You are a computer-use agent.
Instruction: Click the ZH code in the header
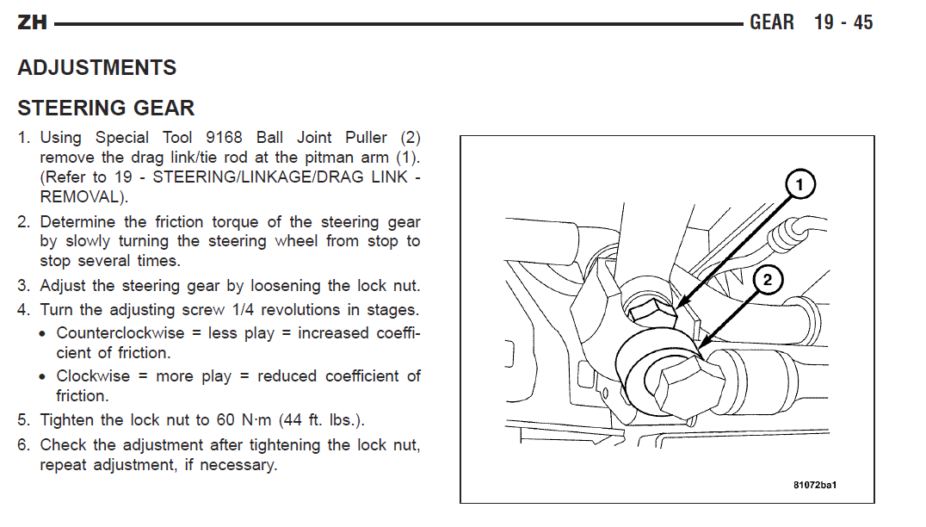pos(32,22)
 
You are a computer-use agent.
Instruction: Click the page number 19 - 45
pos(843,22)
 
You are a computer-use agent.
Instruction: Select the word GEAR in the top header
pos(772,22)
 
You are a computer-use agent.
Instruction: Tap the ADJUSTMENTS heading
pos(97,67)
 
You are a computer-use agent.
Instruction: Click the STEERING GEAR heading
pos(106,108)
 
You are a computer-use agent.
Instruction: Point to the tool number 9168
pos(224,138)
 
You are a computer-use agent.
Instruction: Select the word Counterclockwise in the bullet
pos(120,333)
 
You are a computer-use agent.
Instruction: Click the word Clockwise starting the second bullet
pos(93,376)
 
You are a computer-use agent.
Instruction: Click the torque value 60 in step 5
pos(225,420)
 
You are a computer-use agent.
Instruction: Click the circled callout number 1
pos(799,184)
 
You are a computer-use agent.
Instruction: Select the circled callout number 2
pos(767,280)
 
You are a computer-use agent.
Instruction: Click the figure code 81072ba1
pos(815,485)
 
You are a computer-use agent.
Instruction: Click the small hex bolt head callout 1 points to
pos(652,312)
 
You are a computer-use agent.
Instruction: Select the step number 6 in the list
pos(23,445)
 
